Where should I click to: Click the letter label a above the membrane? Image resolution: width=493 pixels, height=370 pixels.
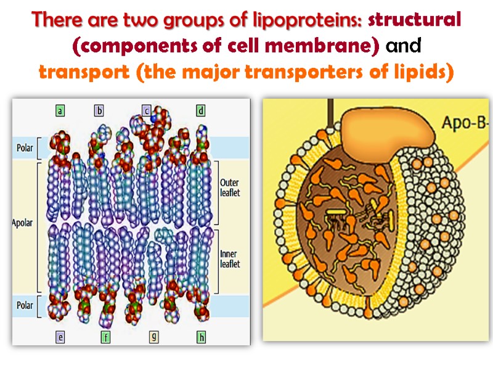[60, 111]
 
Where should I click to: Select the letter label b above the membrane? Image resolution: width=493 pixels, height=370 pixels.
[99, 111]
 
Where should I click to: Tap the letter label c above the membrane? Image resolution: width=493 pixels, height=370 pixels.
[147, 111]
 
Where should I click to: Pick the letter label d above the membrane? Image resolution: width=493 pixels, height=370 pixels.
[201, 111]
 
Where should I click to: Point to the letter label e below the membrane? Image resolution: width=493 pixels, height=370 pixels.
[60, 337]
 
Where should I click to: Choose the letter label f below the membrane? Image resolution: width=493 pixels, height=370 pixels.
[105, 337]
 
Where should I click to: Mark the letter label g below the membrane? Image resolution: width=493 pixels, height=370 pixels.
[153, 337]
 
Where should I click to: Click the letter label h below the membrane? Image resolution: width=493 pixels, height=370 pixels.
[201, 337]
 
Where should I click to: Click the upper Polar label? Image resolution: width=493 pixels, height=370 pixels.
[25, 149]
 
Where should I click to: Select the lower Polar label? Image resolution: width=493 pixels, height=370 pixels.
[25, 305]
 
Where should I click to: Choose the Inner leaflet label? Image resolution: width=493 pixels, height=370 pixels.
[230, 258]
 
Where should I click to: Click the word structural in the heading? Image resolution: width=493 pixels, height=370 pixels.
[415, 20]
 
